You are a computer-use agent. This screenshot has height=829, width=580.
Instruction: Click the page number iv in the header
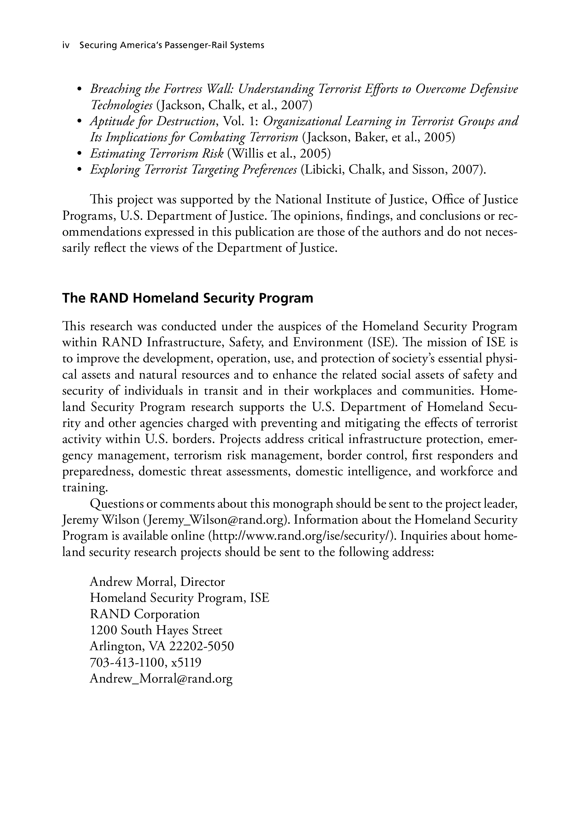point(66,46)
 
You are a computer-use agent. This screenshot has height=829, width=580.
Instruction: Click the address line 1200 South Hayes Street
point(156,630)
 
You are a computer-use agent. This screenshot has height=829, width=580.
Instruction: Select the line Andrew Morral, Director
point(157,582)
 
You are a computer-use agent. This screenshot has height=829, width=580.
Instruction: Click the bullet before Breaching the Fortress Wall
point(79,90)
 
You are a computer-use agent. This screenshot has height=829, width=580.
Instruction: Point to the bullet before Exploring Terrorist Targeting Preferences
point(79,170)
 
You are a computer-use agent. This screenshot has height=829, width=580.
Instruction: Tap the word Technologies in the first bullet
point(121,106)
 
